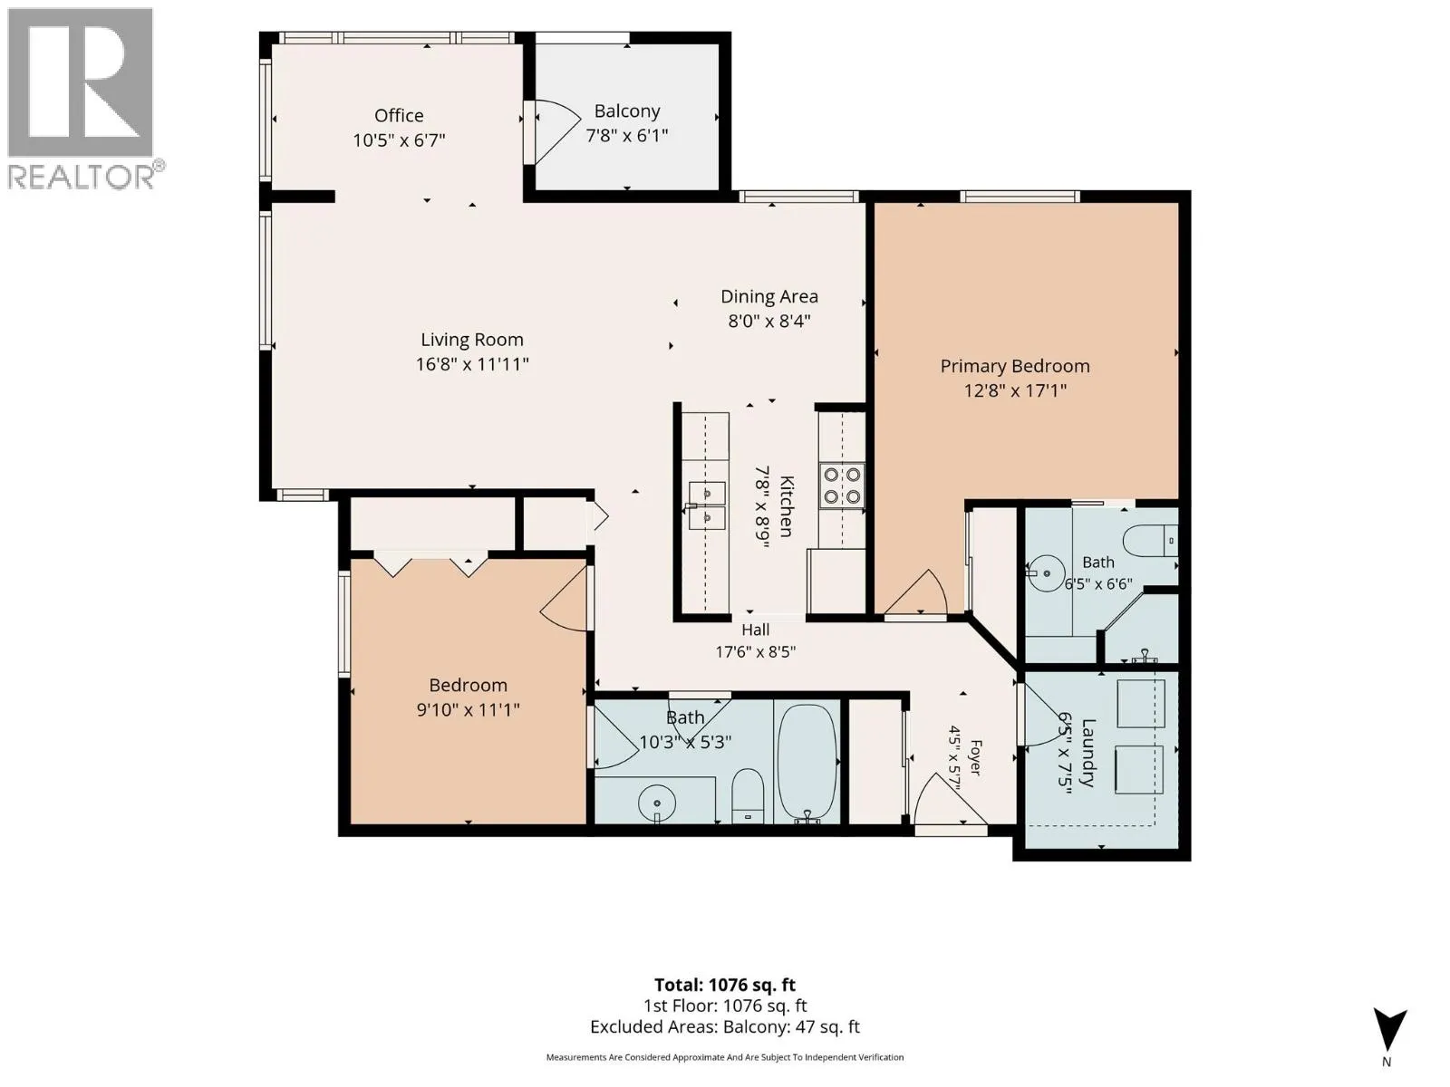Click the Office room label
399,116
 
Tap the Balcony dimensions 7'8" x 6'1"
627,135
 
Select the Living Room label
472,340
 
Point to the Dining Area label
768,296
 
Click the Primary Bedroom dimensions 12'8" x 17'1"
1015,390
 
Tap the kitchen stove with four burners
842,486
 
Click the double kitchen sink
707,505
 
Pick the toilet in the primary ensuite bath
1152,541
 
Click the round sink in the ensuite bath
1046,573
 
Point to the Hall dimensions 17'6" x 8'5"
756,652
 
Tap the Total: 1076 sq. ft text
725,986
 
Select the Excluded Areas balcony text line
725,1027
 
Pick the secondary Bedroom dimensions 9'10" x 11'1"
468,710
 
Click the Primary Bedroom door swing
917,594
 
